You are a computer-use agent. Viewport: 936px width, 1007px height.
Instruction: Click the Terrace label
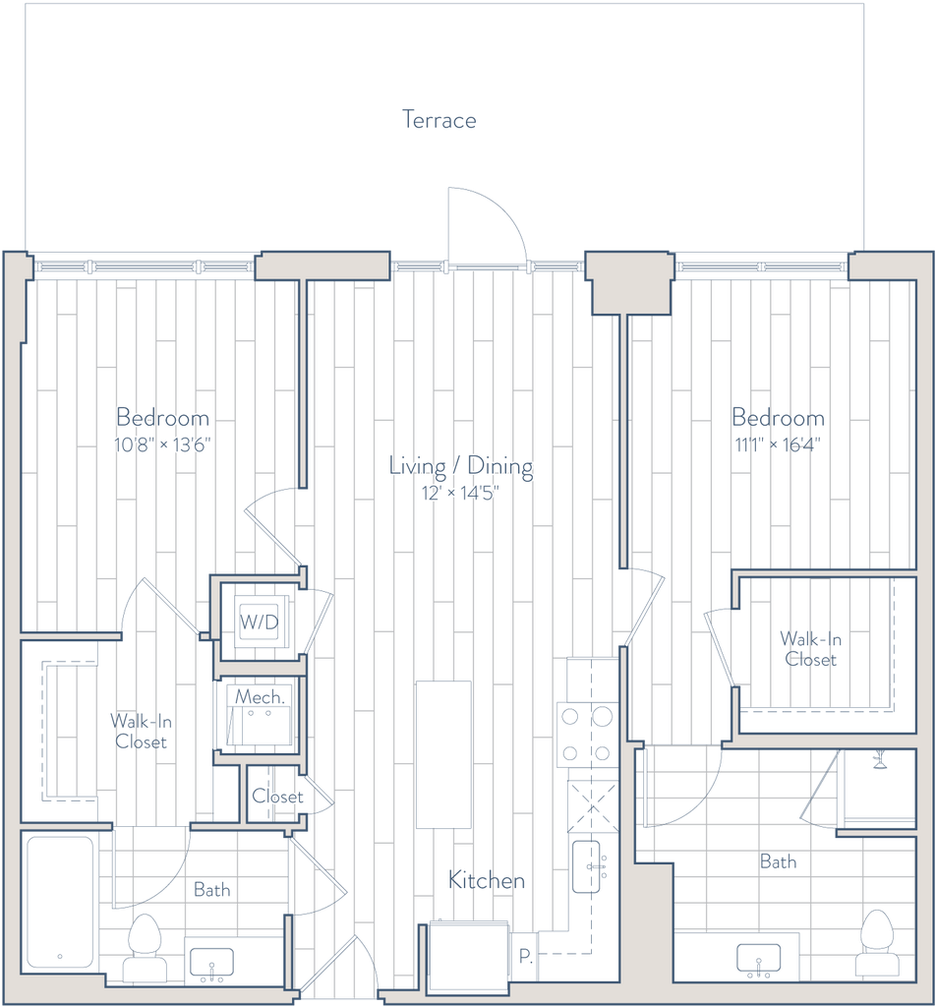pyautogui.click(x=439, y=120)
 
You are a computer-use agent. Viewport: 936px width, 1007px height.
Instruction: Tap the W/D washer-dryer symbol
pyautogui.click(x=260, y=622)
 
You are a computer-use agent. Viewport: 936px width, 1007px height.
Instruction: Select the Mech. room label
pyautogui.click(x=260, y=697)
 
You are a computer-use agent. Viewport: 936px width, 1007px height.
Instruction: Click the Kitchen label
pyautogui.click(x=487, y=880)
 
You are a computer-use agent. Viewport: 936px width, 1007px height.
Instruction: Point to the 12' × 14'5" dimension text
pyautogui.click(x=460, y=494)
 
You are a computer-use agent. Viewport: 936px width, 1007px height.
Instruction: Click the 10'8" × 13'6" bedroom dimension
pyautogui.click(x=162, y=444)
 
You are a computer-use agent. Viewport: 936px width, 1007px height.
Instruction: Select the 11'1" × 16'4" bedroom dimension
pyautogui.click(x=778, y=444)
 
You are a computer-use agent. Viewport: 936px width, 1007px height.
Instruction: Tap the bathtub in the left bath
pyautogui.click(x=60, y=902)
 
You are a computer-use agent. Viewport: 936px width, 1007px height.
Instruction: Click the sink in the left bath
pyautogui.click(x=211, y=963)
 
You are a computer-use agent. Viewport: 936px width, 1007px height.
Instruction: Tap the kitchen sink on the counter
pyautogui.click(x=586, y=867)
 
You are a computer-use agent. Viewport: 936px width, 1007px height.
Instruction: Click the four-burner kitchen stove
pyautogui.click(x=586, y=734)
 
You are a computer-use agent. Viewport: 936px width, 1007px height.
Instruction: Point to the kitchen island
pyautogui.click(x=443, y=754)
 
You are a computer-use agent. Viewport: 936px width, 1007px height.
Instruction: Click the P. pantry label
pyautogui.click(x=526, y=956)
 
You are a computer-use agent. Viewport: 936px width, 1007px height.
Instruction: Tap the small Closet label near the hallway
pyautogui.click(x=277, y=797)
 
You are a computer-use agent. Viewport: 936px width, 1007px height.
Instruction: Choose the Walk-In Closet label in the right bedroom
pyautogui.click(x=810, y=649)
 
